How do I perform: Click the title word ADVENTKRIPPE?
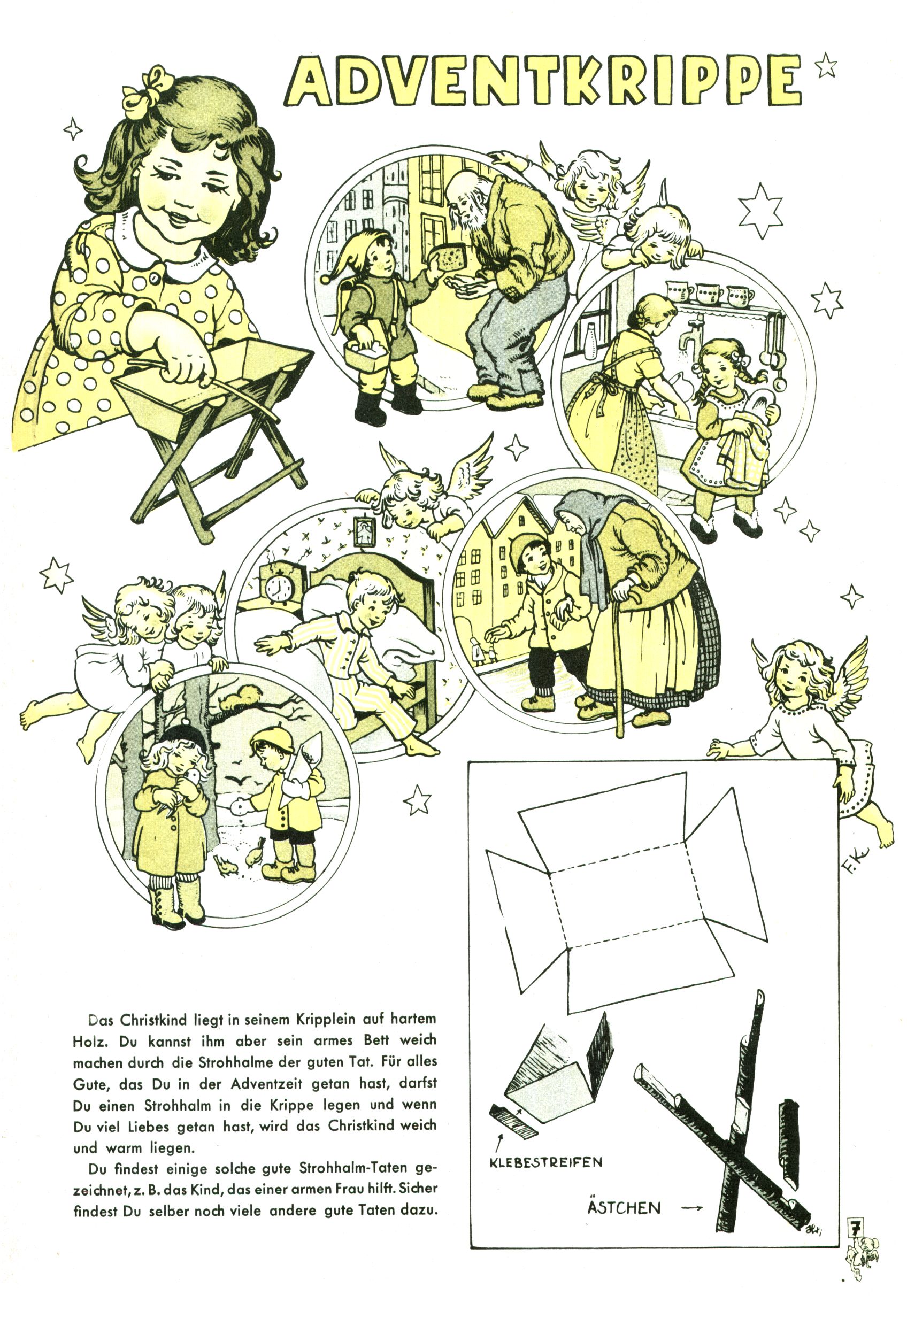click(x=544, y=80)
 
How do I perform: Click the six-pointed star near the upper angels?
click(x=760, y=211)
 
